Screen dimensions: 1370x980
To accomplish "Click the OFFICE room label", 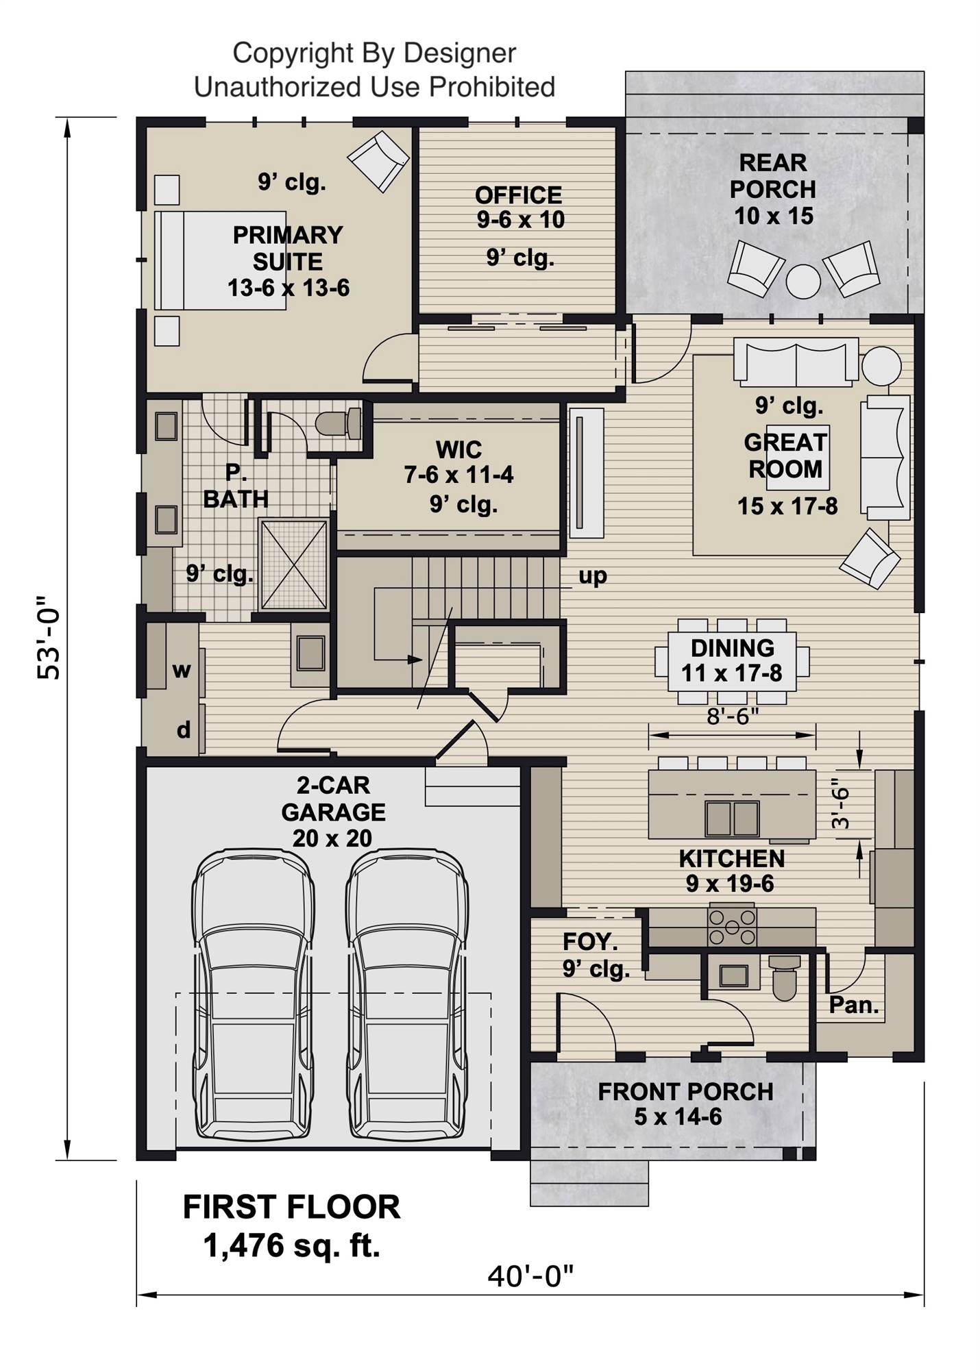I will pos(518,195).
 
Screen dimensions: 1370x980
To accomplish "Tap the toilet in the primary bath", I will pos(340,423).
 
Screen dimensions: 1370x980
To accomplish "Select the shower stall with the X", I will pos(294,564).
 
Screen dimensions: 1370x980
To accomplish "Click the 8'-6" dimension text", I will pos(733,717).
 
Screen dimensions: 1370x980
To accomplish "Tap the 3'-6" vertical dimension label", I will pos(841,806).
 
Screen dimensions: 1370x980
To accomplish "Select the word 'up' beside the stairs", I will pos(593,576).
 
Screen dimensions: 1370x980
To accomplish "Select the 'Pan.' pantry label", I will pos(853,1006).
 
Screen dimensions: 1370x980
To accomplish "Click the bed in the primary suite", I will pos(219,260).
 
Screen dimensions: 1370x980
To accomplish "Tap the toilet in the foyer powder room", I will pos(785,977).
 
